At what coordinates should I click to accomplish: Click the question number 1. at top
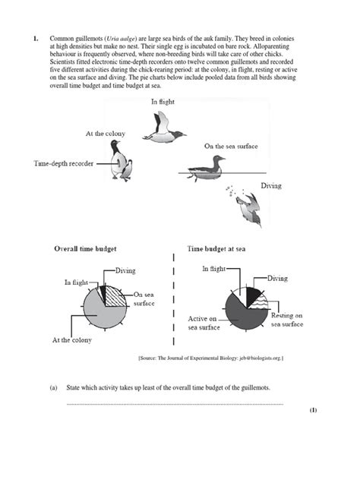pos(34,37)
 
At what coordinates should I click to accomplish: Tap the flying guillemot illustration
pos(163,128)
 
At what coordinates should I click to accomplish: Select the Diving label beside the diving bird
pos(271,187)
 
